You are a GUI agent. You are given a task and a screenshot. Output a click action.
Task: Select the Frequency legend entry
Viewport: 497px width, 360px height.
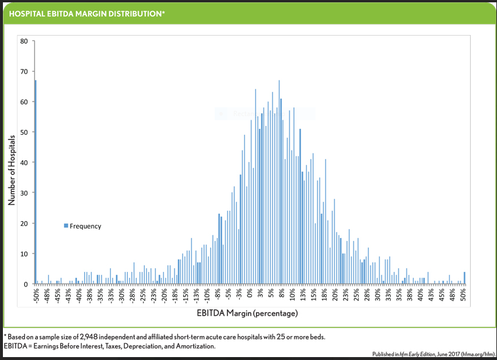point(82,226)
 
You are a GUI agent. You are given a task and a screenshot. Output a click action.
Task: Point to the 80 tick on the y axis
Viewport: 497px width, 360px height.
point(23,41)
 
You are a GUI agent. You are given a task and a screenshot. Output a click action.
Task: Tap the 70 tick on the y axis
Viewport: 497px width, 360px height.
point(23,71)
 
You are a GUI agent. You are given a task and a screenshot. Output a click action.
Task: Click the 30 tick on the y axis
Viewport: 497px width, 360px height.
point(23,193)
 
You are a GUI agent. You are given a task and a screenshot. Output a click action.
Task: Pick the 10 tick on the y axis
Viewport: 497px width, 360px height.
point(23,254)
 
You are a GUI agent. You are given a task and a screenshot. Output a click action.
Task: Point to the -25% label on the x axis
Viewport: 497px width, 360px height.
point(143,296)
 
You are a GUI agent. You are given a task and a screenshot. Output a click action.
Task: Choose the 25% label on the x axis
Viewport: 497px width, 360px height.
point(356,296)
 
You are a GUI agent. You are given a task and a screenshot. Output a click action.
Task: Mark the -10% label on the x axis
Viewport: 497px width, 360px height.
point(207,296)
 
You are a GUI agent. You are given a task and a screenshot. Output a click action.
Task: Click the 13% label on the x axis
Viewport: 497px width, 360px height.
point(303,296)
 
